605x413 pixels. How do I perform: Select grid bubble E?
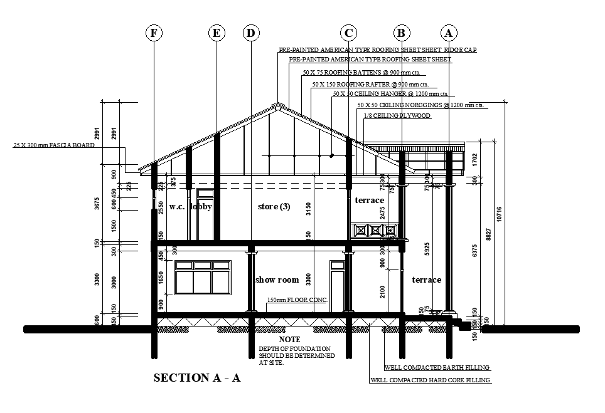pyautogui.click(x=217, y=33)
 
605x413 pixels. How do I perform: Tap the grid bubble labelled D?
pyautogui.click(x=251, y=33)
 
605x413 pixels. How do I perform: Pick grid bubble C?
pyautogui.click(x=349, y=33)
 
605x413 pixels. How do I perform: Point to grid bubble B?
pyautogui.click(x=402, y=33)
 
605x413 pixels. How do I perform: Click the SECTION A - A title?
pyautogui.click(x=197, y=378)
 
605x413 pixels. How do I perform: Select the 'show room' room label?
pyautogui.click(x=277, y=280)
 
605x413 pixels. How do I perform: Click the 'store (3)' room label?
pyautogui.click(x=274, y=206)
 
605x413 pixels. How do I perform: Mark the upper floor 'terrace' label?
pyautogui.click(x=369, y=200)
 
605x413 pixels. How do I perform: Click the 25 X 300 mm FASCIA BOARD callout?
pyautogui.click(x=53, y=145)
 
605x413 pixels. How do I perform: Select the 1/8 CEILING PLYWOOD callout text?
pyautogui.click(x=397, y=116)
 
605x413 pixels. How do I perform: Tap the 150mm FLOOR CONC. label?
pyautogui.click(x=297, y=300)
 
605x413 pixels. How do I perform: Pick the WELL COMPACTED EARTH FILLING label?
pyautogui.click(x=437, y=368)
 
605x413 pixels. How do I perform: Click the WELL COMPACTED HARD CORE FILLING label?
pyautogui.click(x=431, y=380)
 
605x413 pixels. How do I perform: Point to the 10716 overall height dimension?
pyautogui.click(x=499, y=214)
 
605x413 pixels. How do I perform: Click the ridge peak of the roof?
pyautogui.click(x=277, y=104)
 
